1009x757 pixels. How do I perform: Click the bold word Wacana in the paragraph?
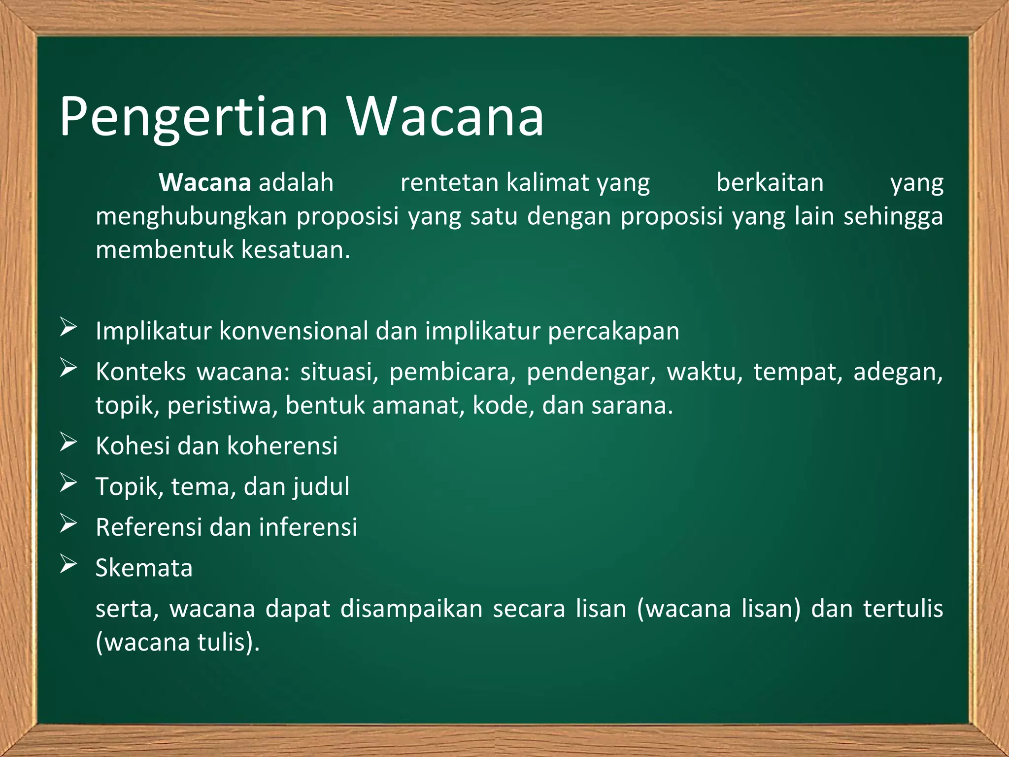click(205, 183)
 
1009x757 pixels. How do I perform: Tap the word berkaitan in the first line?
click(770, 183)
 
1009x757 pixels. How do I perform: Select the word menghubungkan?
click(191, 217)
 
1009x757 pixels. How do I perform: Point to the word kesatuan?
click(296, 250)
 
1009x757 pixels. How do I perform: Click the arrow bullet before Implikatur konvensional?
click(68, 328)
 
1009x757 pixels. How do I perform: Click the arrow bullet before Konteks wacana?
click(68, 369)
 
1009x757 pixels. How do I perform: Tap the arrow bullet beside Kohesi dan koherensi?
click(68, 443)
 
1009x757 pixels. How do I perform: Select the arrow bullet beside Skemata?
click(68, 564)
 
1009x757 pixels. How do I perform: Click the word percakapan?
click(613, 332)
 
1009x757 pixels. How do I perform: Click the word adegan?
click(898, 372)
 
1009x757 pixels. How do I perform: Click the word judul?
click(321, 487)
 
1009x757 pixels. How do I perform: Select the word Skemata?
click(144, 568)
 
